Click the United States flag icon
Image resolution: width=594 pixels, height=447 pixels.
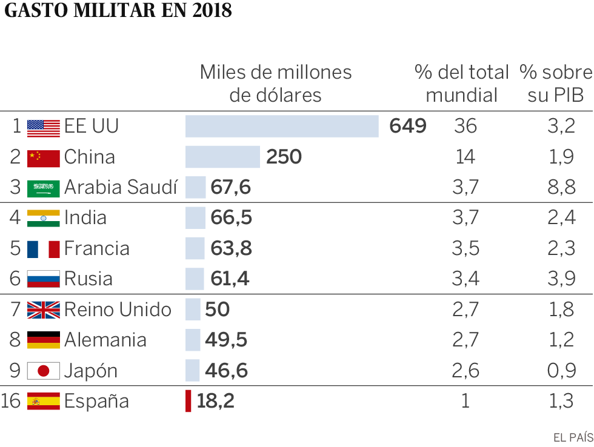click(44, 127)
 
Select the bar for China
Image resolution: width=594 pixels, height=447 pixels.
click(222, 157)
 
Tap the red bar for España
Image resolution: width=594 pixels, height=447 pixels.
click(188, 401)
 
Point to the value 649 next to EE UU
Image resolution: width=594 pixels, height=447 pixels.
click(408, 126)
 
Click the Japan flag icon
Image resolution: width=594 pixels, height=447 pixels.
click(44, 371)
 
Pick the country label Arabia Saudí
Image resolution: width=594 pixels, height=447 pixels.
click(121, 187)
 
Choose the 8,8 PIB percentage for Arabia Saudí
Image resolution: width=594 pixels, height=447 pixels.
click(561, 187)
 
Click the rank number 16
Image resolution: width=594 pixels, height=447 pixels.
click(11, 401)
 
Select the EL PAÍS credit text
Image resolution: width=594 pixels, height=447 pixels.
click(573, 437)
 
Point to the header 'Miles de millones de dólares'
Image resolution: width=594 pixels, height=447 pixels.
click(276, 84)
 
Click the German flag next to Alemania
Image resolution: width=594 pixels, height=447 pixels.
click(44, 340)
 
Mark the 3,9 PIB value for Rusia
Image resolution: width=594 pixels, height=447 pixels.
click(561, 279)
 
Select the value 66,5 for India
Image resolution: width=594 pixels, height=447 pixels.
click(231, 217)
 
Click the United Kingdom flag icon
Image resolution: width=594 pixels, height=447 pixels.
click(44, 310)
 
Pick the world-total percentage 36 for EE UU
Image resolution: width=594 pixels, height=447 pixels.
click(465, 126)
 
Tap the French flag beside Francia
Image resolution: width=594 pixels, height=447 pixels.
click(44, 248)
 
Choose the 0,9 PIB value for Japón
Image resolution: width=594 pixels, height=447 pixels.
click(561, 371)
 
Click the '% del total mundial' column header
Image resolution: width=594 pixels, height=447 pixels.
click(462, 84)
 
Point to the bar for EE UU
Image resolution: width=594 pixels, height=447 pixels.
click(282, 126)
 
